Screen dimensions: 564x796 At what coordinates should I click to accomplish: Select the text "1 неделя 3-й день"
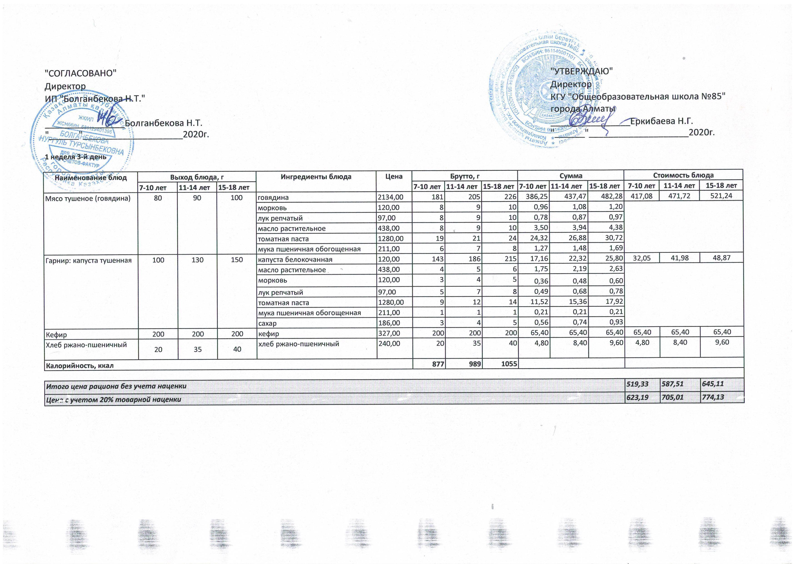pos(76,157)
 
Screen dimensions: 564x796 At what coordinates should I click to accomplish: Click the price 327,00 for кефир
pos(389,334)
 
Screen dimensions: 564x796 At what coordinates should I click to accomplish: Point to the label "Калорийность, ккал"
pos(80,365)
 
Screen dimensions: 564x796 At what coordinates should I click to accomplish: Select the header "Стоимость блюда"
pos(683,175)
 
